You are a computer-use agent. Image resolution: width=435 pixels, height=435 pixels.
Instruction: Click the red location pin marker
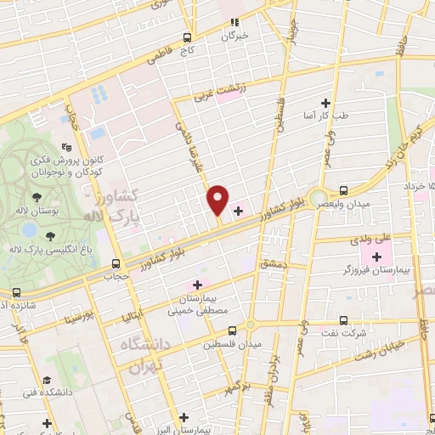(217, 200)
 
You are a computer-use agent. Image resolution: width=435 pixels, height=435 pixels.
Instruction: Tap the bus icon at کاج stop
(187, 37)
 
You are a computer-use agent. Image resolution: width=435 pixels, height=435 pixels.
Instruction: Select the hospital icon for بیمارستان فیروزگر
(376, 257)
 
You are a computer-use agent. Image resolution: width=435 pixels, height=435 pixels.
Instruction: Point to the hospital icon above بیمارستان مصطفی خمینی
(198, 284)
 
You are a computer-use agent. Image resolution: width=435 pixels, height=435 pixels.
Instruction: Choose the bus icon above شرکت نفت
(343, 320)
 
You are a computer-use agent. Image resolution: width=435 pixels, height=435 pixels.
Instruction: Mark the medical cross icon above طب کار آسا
(325, 102)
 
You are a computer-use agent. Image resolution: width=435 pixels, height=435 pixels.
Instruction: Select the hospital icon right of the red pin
(238, 208)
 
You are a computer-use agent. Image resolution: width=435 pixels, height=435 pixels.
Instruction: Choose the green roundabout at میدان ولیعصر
(318, 198)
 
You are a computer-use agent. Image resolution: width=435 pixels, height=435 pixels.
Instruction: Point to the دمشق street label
(274, 268)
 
